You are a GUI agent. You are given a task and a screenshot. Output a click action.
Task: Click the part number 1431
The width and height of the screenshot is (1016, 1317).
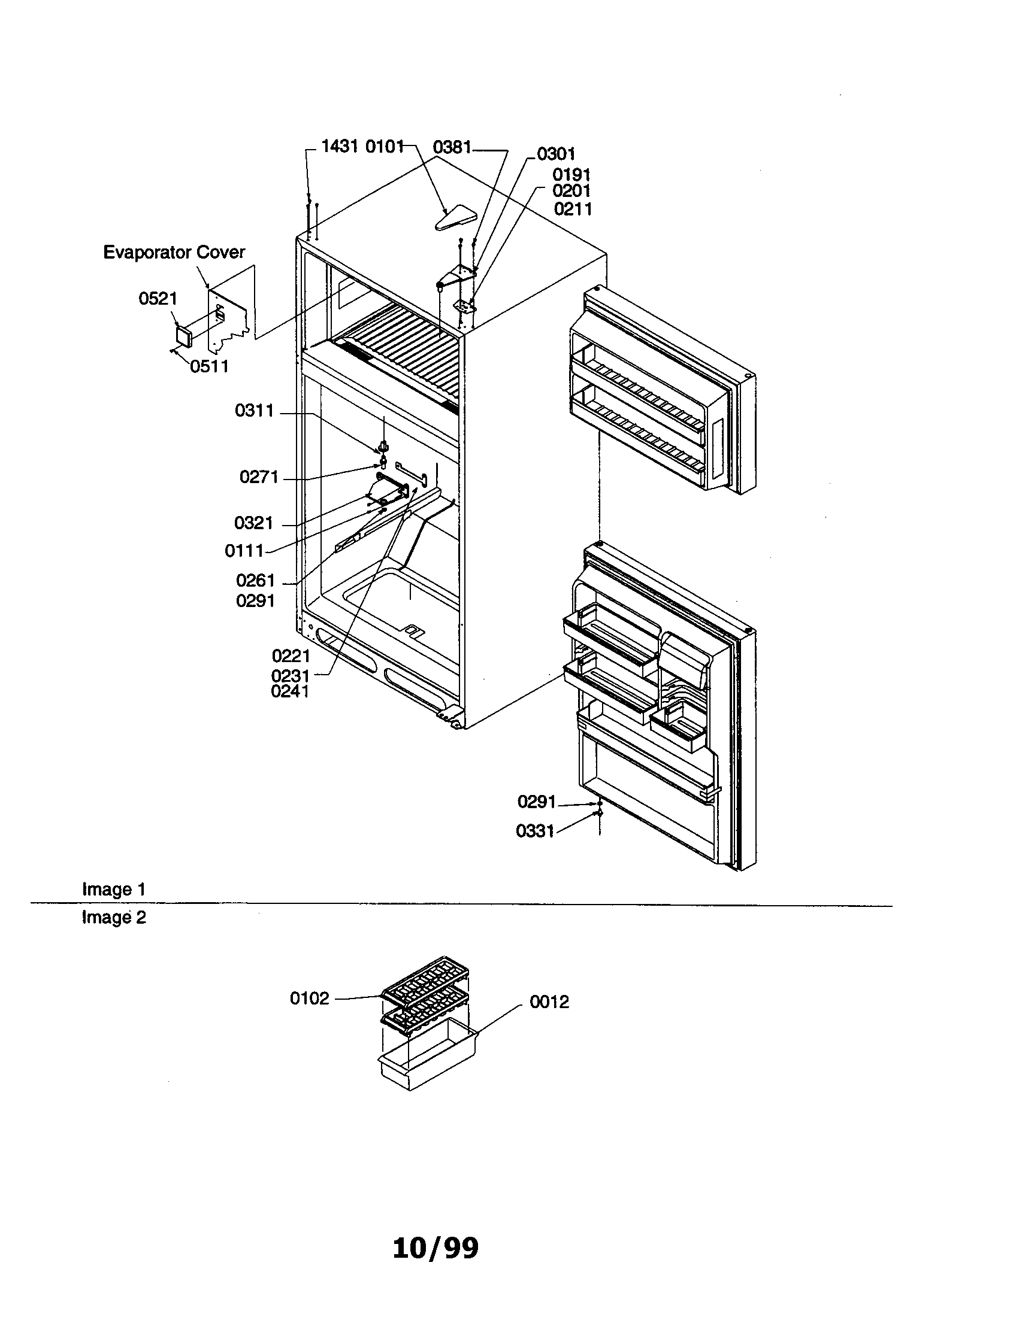(340, 147)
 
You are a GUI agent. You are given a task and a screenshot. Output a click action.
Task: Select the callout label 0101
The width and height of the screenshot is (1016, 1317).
(385, 147)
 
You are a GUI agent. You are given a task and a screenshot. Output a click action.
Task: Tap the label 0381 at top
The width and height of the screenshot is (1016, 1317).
(452, 147)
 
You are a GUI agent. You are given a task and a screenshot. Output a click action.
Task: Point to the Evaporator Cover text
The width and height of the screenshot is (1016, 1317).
(174, 252)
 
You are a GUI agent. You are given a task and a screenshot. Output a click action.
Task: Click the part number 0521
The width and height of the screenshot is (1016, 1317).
(158, 299)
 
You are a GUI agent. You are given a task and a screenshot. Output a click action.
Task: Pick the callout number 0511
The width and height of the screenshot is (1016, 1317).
(208, 366)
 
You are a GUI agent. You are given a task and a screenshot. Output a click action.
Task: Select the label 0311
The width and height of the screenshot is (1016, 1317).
(254, 411)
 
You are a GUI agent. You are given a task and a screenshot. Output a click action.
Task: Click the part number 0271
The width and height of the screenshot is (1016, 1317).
(259, 478)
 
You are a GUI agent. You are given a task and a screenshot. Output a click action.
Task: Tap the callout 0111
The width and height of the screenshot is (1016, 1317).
(244, 551)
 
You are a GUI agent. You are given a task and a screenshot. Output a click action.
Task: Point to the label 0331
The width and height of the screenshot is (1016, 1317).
(534, 832)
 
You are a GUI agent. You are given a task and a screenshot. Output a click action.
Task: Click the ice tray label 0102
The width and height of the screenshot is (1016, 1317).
(310, 999)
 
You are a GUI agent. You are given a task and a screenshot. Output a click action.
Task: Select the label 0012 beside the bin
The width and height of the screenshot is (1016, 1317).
(549, 1002)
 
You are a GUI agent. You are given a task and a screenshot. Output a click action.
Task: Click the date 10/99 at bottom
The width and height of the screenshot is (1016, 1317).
(435, 1248)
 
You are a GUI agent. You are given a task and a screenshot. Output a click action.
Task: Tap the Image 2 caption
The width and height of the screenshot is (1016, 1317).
(114, 918)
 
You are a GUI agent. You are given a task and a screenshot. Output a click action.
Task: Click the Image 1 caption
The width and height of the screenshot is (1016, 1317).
(114, 890)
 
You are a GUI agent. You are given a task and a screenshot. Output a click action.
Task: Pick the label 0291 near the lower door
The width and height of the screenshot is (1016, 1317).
(536, 802)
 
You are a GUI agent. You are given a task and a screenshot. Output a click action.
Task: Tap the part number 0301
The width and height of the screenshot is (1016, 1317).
(556, 154)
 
